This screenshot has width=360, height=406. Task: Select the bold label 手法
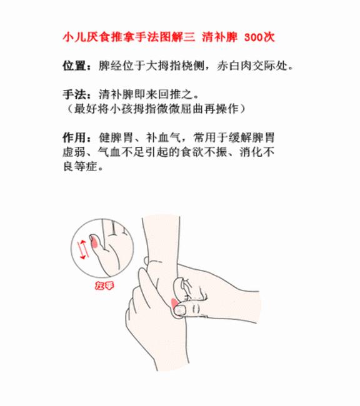tap(72, 96)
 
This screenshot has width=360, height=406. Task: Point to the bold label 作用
tap(72, 138)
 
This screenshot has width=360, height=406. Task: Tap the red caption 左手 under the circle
tap(101, 286)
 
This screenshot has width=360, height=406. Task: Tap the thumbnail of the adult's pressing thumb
tap(180, 309)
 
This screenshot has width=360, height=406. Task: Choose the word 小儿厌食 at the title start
tap(82, 37)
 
